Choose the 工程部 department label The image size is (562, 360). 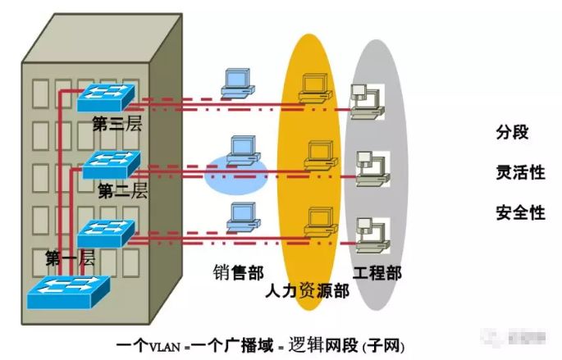377,273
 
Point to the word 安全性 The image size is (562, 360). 520,212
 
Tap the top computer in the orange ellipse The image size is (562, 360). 315,88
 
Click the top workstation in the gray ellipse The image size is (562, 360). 366,97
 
